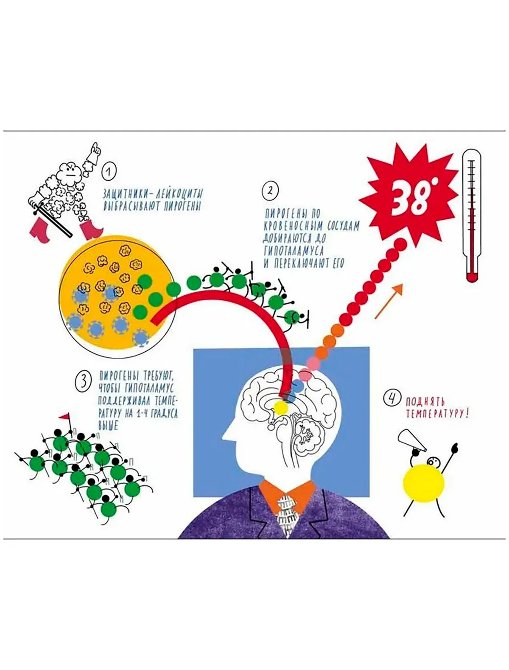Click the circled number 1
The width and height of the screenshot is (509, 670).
(109, 172)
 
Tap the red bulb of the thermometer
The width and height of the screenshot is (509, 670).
(472, 277)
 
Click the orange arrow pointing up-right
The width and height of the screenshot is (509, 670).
(389, 301)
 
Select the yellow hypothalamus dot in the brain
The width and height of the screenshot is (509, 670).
(281, 408)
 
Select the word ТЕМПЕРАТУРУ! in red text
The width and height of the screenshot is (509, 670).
(436, 414)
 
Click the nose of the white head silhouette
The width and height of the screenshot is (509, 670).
(226, 435)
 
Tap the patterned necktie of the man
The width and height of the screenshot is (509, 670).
(286, 515)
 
